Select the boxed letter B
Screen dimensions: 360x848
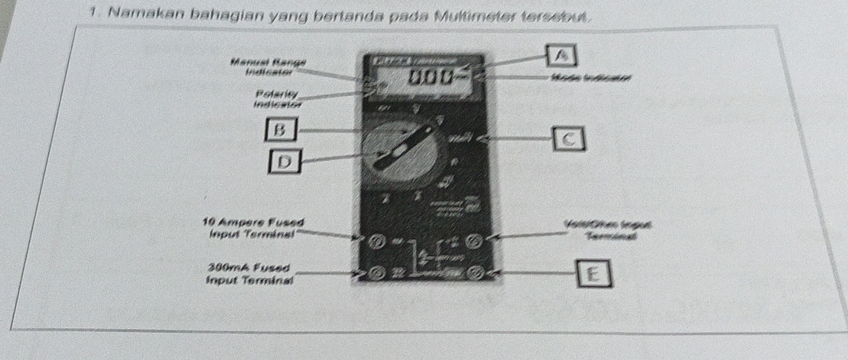tap(275, 130)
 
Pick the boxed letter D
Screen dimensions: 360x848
tap(286, 160)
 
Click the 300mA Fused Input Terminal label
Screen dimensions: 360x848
tap(250, 274)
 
